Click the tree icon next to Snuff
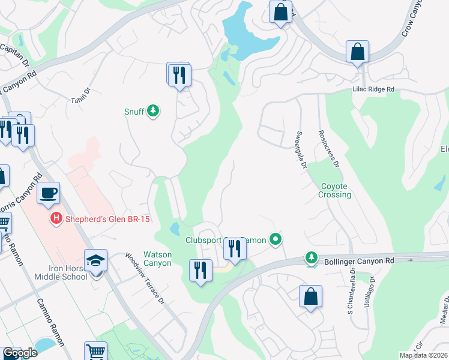coord(154,111)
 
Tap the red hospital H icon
coord(56,219)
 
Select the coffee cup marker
coord(49,193)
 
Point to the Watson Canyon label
coord(157,259)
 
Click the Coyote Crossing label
coord(335,190)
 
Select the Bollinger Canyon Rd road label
coord(360,261)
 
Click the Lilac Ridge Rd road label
coord(373,89)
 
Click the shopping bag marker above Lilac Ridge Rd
coord(357,52)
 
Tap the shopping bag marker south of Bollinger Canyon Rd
coord(310,296)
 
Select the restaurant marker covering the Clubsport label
coord(235,248)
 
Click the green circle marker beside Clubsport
coord(276,240)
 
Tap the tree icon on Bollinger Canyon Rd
coord(311,257)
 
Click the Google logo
coord(19,353)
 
